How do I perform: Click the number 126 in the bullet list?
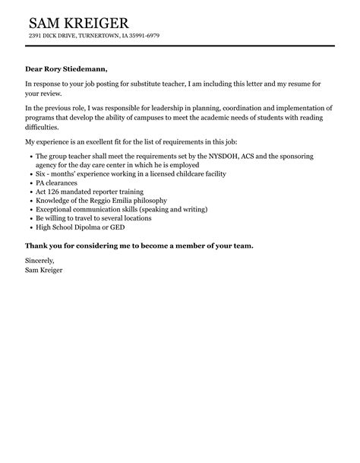click(55, 192)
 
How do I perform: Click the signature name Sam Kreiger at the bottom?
click(45, 270)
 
